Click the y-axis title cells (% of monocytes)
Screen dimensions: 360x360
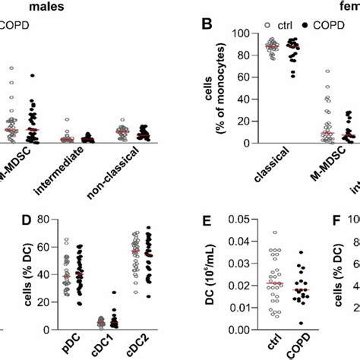pos(214,88)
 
